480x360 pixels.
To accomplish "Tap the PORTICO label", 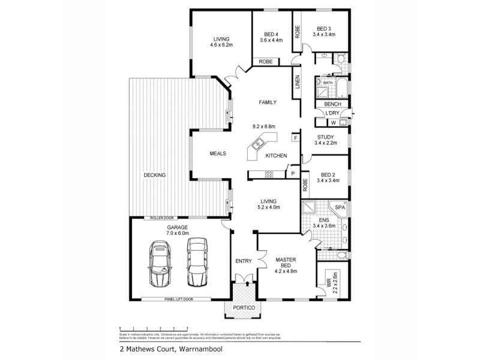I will click(x=244, y=308).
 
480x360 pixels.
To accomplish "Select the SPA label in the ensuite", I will click(x=340, y=207).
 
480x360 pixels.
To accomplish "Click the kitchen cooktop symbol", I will click(x=269, y=175).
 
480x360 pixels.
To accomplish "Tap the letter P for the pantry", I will click(x=293, y=173).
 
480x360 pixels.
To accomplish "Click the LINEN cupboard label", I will click(x=297, y=82).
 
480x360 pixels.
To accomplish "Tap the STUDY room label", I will click(x=324, y=137).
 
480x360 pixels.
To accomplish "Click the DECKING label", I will click(x=155, y=175).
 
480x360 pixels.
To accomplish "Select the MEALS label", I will click(x=218, y=154).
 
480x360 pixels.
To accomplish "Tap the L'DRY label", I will click(x=332, y=113).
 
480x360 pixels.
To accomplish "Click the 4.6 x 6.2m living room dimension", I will click(x=221, y=45).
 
